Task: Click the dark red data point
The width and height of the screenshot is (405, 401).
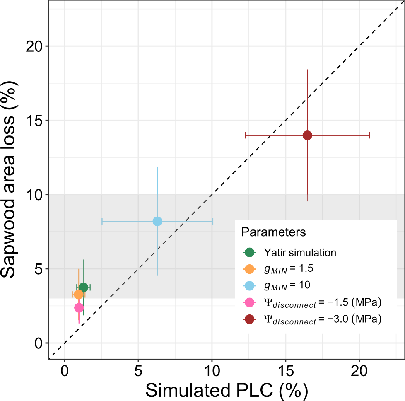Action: click(x=307, y=135)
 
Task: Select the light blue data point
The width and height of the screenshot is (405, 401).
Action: click(x=157, y=221)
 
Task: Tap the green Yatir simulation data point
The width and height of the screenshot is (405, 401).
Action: click(x=83, y=287)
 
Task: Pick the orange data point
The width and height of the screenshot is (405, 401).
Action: click(x=79, y=295)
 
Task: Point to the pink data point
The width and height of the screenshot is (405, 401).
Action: click(x=79, y=308)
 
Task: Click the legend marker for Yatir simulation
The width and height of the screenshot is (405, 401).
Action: click(x=249, y=252)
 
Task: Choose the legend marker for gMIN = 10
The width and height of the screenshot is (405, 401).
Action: click(x=249, y=285)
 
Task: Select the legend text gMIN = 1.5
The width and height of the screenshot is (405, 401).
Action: click(x=288, y=268)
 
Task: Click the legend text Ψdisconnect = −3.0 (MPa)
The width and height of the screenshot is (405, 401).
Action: click(x=322, y=319)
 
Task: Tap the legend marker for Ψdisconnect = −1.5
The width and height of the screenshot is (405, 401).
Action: click(x=249, y=302)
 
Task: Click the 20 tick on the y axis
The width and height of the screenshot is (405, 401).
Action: click(x=34, y=46)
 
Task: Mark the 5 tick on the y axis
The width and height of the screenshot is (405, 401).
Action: click(x=38, y=269)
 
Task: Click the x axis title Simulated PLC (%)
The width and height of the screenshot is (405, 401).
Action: click(x=226, y=389)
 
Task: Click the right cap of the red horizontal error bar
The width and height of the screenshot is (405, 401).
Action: click(x=369, y=135)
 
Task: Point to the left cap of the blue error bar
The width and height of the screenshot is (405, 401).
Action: click(x=102, y=221)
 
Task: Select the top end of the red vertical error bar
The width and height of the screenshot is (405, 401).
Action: click(x=307, y=70)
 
